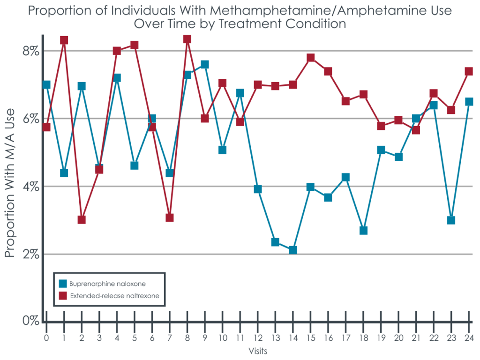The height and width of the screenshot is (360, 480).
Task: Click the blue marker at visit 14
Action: [x=293, y=250]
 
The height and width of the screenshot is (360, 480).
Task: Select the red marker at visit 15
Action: [x=310, y=58]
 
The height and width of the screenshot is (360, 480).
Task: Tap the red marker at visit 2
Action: [x=82, y=219]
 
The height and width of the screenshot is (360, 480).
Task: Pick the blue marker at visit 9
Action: [x=205, y=64]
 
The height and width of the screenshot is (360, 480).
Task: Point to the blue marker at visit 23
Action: [x=451, y=220]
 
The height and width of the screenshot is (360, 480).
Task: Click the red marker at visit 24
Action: [x=469, y=71]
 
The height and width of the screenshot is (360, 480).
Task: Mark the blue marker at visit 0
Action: [x=46, y=85]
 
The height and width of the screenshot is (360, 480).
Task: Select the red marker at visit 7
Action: [x=170, y=217]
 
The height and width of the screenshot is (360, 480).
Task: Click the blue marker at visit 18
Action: [x=363, y=230]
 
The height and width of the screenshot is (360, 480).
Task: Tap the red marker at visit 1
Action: [x=64, y=40]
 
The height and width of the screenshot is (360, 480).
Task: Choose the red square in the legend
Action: [x=63, y=296]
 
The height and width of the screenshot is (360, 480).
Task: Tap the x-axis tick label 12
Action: [x=257, y=338]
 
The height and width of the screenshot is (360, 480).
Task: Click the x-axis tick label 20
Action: [x=398, y=338]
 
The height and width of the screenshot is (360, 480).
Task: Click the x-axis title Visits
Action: [x=257, y=351]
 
